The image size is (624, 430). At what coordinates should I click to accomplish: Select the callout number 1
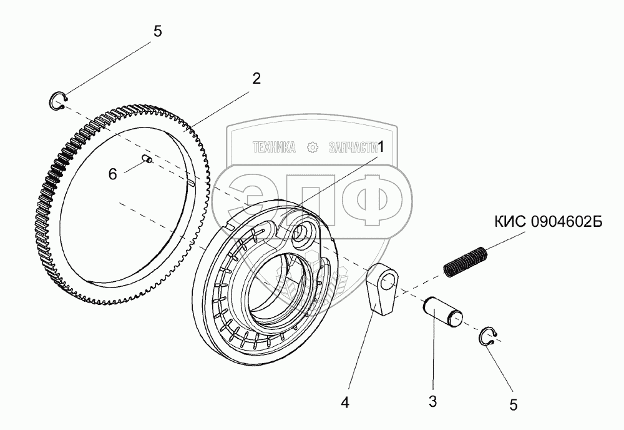click(382, 145)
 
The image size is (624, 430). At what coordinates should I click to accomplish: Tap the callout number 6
click(112, 174)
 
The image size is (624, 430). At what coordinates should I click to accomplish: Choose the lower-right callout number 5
click(513, 404)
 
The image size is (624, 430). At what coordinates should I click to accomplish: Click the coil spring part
click(466, 261)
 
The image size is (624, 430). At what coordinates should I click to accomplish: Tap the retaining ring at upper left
click(58, 101)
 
